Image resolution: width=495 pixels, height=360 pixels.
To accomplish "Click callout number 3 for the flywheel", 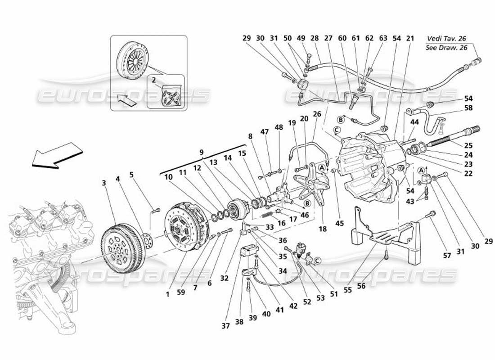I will (x=103, y=183).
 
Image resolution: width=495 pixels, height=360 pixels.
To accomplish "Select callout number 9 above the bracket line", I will (x=202, y=153).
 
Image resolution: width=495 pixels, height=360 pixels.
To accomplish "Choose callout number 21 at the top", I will (x=409, y=39).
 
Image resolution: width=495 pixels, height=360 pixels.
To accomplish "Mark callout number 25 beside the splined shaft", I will (x=469, y=145).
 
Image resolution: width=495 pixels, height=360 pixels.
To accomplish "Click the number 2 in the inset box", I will (x=153, y=80).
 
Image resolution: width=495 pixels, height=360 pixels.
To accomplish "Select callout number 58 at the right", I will (x=469, y=108).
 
